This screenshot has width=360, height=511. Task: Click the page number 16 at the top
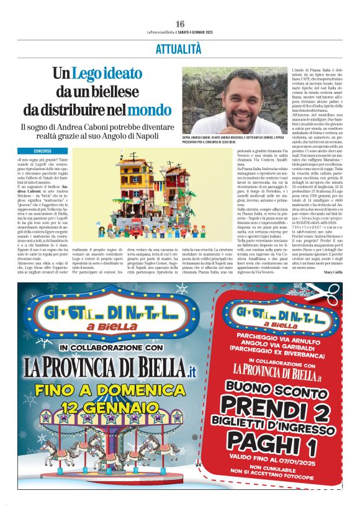pos(180,24)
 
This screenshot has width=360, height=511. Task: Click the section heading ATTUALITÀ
pos(179,48)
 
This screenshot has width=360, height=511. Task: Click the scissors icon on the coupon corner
pos(331,293)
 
